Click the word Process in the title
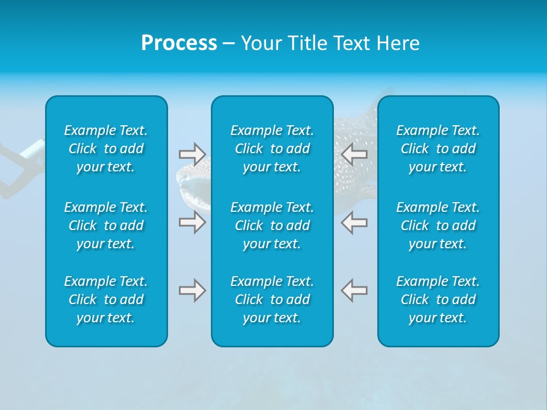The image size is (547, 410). tap(179, 43)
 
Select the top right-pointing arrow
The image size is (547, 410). tap(192, 154)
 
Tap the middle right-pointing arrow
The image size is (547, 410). tap(192, 222)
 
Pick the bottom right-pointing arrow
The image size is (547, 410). tap(192, 290)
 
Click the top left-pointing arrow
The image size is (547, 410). tap(354, 154)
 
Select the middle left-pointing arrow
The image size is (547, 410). tap(354, 222)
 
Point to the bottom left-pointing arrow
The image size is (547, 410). tap(354, 290)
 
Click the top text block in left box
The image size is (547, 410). tap(106, 149)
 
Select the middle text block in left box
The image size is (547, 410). tap(106, 225)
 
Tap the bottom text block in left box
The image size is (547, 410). tap(106, 300)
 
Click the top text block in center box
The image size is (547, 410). tap(272, 149)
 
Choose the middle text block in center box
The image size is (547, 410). tap(272, 225)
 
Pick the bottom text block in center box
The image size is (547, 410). tap(272, 300)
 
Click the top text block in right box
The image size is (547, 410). tap(438, 149)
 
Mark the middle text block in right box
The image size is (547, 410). tap(438, 225)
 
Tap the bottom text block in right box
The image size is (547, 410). tap(438, 300)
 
